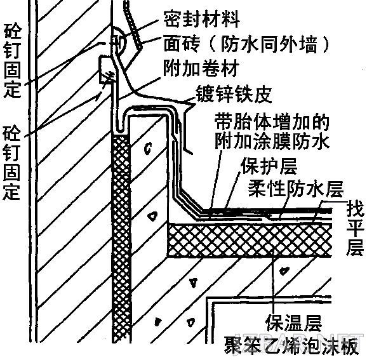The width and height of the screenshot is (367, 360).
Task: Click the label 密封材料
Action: [x=201, y=19]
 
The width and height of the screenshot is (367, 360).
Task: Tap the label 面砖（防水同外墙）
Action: [x=246, y=44]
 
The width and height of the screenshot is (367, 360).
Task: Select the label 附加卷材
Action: [x=201, y=69]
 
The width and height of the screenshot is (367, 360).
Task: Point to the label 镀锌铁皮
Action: [x=234, y=94]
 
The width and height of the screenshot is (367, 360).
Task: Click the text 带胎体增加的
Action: [x=272, y=122]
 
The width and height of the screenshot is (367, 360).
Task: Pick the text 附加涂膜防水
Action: [x=272, y=141]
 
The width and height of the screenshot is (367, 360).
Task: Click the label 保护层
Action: [x=269, y=166]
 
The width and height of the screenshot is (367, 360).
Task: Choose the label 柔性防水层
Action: [x=296, y=189]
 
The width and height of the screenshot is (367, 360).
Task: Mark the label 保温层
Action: [x=294, y=323]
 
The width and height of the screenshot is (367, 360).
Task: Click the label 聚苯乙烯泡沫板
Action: [x=291, y=345]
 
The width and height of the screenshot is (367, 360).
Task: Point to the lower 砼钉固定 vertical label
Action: [x=11, y=163]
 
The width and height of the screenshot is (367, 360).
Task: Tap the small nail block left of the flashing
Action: [x=106, y=69]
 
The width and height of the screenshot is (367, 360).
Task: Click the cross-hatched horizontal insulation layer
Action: [x=250, y=240]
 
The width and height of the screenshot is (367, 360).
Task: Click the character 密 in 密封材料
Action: [x=173, y=19]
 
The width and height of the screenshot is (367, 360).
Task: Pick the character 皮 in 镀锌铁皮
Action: [x=263, y=94]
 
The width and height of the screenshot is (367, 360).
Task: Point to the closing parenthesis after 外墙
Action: [x=325, y=44]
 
